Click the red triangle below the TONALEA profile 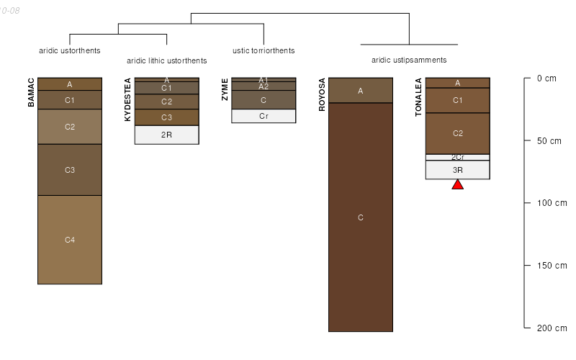pos(457,185)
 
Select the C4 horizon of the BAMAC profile pos(70,240)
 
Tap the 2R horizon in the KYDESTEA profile pos(166,135)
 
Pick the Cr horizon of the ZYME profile pos(264,115)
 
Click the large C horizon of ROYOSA pos(361,217)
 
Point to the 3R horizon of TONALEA pos(457,170)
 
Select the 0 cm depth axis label pos(547,78)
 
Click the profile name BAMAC pos(31,92)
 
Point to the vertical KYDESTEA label pos(128,99)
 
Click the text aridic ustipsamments pos(409,60)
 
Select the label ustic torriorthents pos(264,50)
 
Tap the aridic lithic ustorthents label pos(166,60)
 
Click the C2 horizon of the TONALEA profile pos(457,133)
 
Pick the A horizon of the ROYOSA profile pos(361,90)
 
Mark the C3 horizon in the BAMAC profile pos(70,170)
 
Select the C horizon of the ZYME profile pos(264,100)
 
